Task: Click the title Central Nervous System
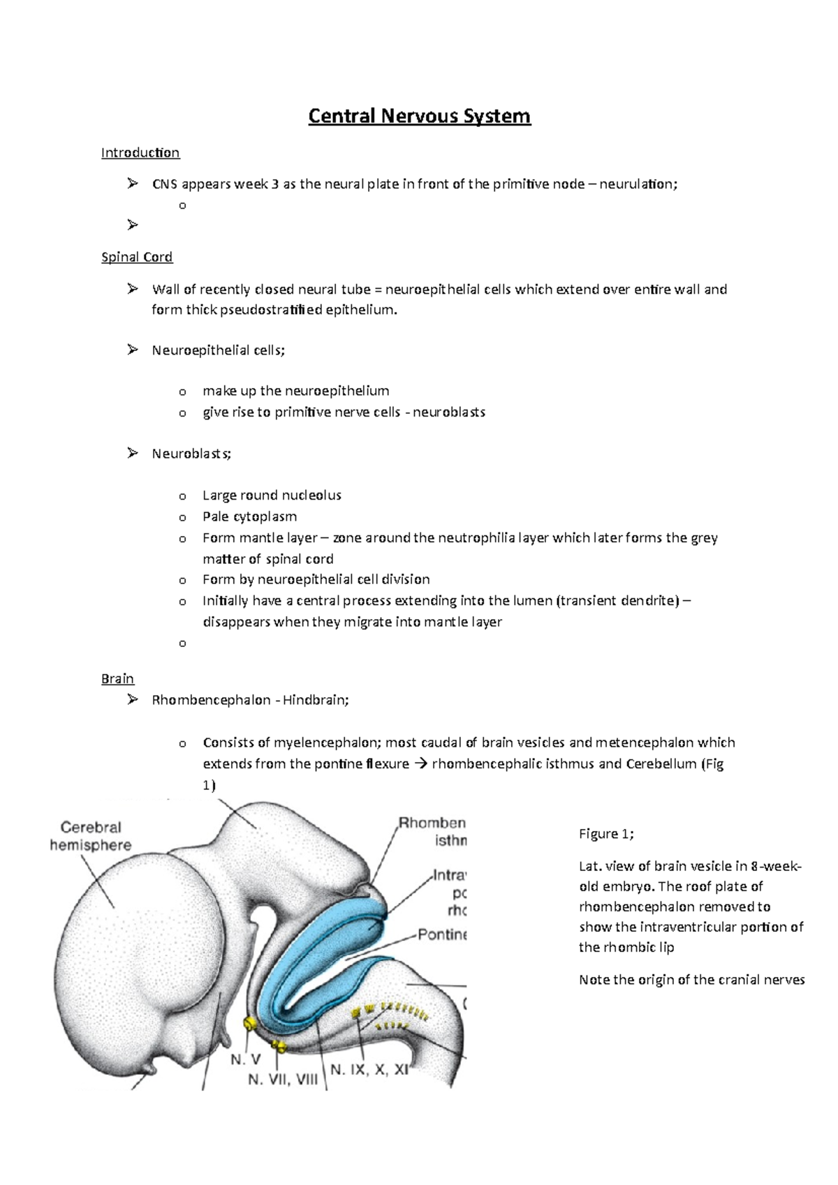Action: coord(419,116)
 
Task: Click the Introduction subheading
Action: coord(140,153)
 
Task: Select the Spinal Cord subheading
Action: coord(137,258)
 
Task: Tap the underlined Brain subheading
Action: coord(117,679)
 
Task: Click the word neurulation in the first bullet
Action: coord(637,184)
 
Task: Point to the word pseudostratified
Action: coord(272,310)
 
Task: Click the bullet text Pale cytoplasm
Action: coord(249,516)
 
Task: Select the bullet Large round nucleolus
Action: coord(272,495)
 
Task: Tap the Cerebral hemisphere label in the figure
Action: coord(91,836)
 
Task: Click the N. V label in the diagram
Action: coord(246,1059)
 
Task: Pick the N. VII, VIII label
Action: coord(283,1080)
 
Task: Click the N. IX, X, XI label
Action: coord(369,1069)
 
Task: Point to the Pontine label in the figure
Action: coord(442,934)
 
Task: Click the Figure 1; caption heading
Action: coord(606,834)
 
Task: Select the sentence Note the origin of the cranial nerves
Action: coord(691,980)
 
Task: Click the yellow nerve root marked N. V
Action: coord(249,1024)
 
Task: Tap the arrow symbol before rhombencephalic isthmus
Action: coord(420,764)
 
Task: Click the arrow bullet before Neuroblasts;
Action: coord(133,454)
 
